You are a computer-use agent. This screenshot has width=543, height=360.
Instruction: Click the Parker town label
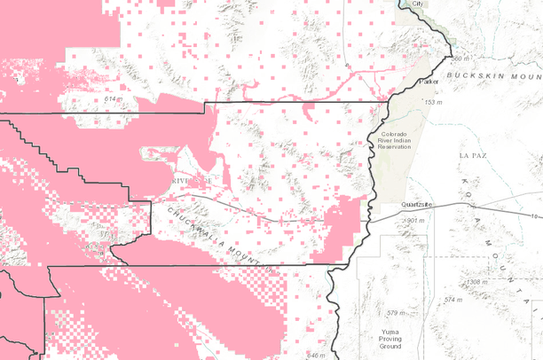pyautogui.click(x=430, y=82)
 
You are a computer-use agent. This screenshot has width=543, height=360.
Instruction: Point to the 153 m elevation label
pyautogui.click(x=433, y=104)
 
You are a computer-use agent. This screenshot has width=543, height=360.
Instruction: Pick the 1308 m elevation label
pyautogui.click(x=477, y=282)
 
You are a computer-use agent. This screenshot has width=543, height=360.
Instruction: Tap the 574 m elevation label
pyautogui.click(x=454, y=300)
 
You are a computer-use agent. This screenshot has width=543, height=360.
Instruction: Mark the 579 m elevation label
pyautogui.click(x=396, y=313)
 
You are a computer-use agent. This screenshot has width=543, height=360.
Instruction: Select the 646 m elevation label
pyautogui.click(x=316, y=356)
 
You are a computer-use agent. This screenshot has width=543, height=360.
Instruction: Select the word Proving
pyautogui.click(x=391, y=338)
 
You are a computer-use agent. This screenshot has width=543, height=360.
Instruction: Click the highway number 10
pyautogui.click(x=537, y=215)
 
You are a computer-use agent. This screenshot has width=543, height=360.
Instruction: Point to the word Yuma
pyautogui.click(x=390, y=330)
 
